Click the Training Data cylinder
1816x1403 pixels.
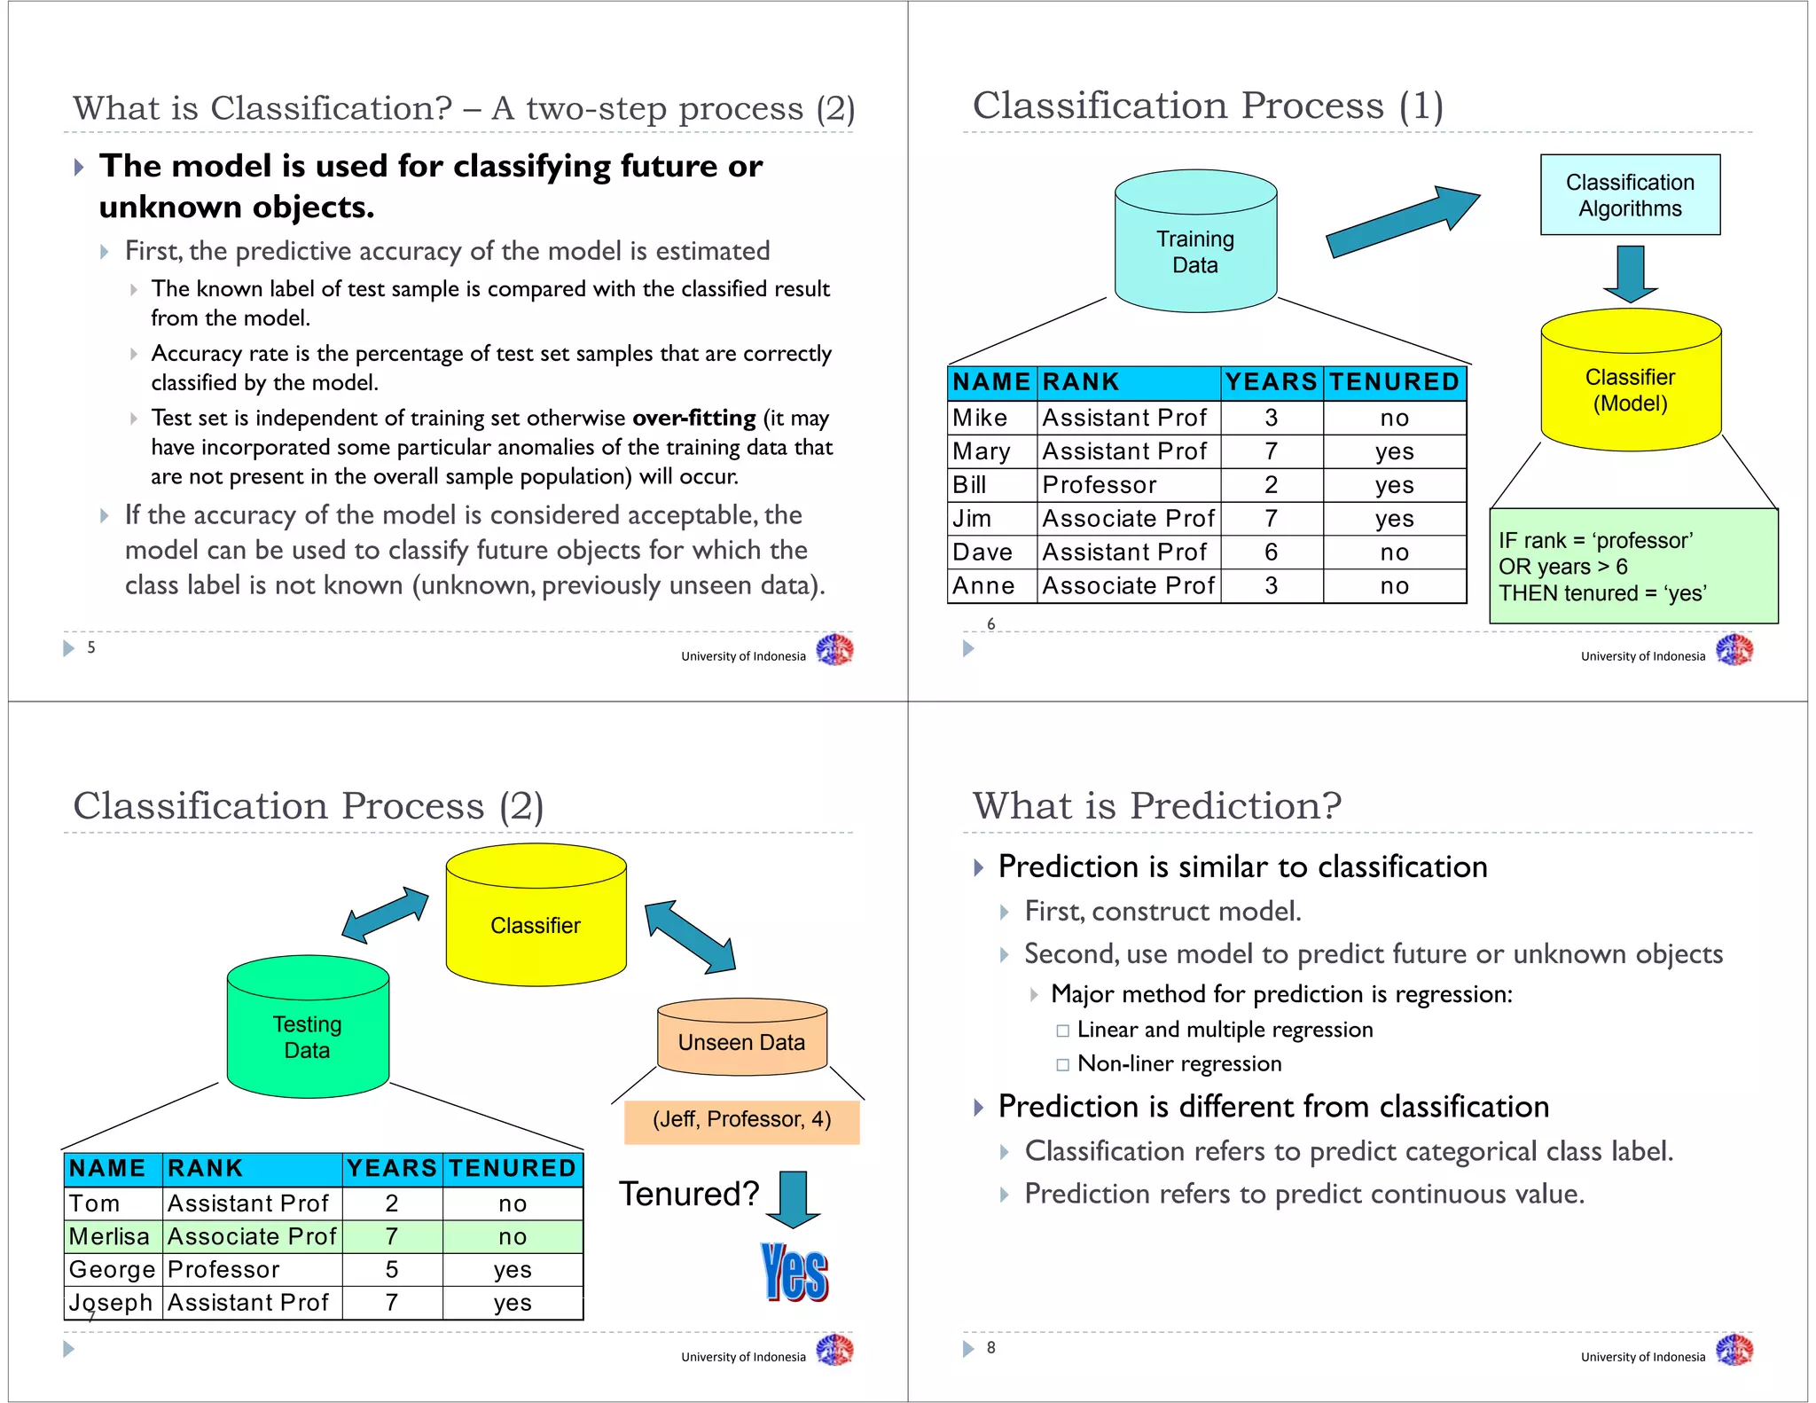pos(1194,244)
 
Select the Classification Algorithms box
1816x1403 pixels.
pos(1629,195)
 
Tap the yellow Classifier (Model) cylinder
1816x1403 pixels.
pos(1630,386)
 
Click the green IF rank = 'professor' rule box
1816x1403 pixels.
pos(1632,566)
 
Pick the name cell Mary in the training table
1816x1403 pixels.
pos(982,451)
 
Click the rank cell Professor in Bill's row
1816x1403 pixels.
pos(1100,485)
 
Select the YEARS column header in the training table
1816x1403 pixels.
pos(1271,382)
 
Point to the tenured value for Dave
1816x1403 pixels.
pos(1394,553)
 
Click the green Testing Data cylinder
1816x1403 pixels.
pos(307,1033)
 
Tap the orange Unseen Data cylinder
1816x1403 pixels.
pos(741,1040)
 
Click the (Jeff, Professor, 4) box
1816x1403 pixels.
pos(741,1120)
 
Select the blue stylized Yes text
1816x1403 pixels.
pos(794,1273)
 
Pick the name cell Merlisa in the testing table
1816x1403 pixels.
pos(109,1236)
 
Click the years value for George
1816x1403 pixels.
pos(391,1270)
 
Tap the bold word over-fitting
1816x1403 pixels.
pos(693,418)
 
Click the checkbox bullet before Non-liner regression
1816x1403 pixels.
pos(1062,1064)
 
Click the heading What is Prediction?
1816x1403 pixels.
pos(1156,805)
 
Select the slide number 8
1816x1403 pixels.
pos(990,1347)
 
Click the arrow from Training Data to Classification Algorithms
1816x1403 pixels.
pos(1401,223)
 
